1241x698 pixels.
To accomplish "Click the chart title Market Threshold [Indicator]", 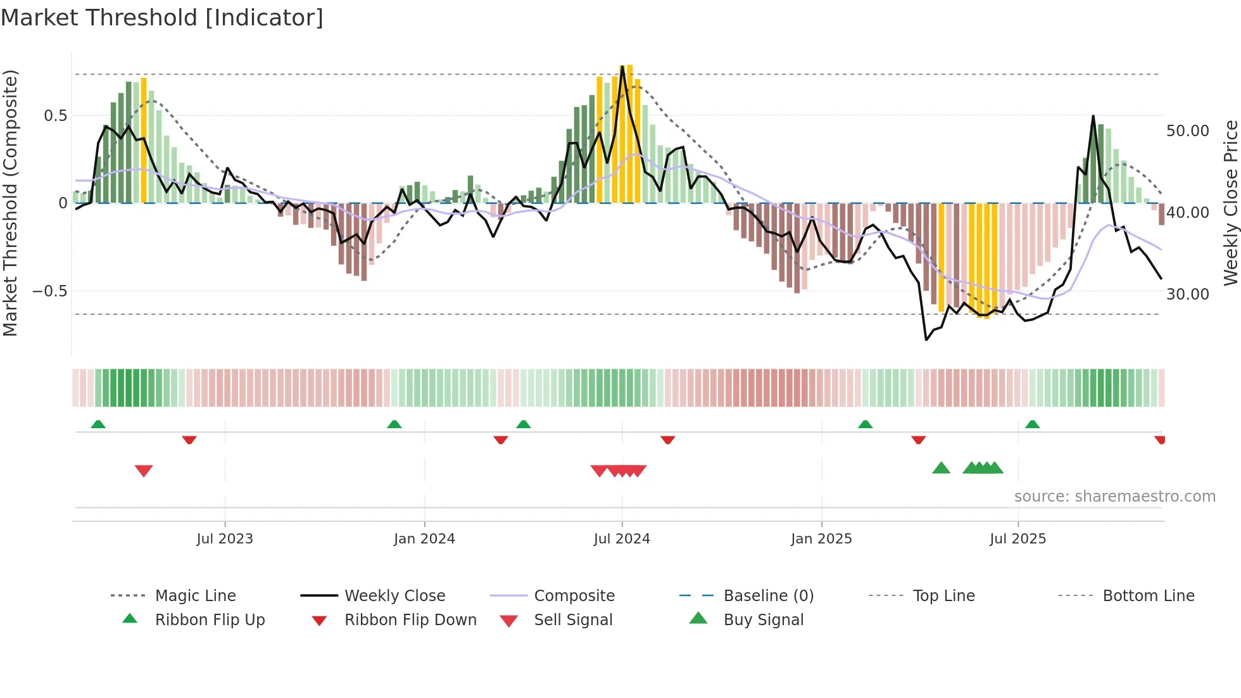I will pyautogui.click(x=162, y=18).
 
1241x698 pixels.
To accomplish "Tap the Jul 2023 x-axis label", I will pyautogui.click(x=224, y=539).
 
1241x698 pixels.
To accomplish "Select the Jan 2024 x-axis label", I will pyautogui.click(x=424, y=539).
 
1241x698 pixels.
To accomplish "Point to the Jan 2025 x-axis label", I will pyautogui.click(x=821, y=539).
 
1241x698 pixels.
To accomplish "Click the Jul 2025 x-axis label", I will pyautogui.click(x=1017, y=539).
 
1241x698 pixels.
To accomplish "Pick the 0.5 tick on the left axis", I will pyautogui.click(x=55, y=116).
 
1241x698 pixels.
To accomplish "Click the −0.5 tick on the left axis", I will pyautogui.click(x=50, y=291).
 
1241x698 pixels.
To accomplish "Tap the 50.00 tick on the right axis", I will pyautogui.click(x=1187, y=131).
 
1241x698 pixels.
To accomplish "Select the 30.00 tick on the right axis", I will pyautogui.click(x=1187, y=295).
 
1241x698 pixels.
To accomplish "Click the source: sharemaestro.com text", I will pyautogui.click(x=1114, y=497).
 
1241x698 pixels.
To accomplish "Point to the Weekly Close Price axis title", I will pyautogui.click(x=1230, y=203).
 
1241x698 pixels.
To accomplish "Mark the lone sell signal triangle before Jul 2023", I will pyautogui.click(x=144, y=471).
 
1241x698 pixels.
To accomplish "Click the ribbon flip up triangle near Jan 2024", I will pyautogui.click(x=394, y=424).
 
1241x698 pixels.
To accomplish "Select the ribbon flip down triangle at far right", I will pyautogui.click(x=1160, y=440).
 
